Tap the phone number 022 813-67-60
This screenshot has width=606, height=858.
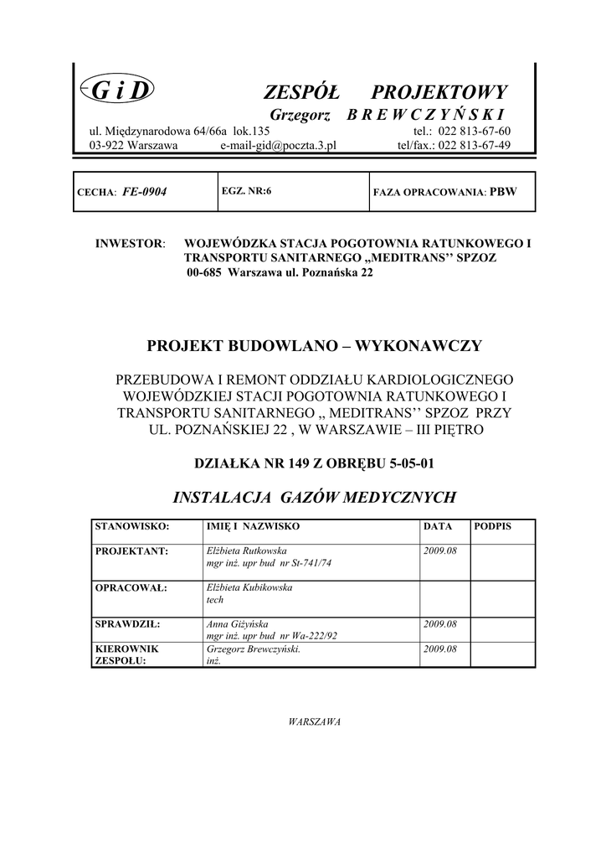point(474,132)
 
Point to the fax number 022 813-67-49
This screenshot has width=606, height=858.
point(474,145)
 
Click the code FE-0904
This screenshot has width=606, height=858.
point(145,192)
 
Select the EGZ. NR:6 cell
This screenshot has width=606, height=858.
point(247,191)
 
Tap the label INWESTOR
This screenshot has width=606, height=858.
point(131,244)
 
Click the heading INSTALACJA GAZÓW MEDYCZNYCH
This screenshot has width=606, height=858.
point(314,498)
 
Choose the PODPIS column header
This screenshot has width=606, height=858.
point(492,526)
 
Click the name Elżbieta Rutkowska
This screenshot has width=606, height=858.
point(246,550)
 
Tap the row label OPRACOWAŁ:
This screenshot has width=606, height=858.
point(131,587)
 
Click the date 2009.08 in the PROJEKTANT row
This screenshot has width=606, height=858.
point(440,550)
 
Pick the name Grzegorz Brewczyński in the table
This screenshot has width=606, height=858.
point(253,649)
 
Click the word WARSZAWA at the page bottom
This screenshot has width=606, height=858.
point(314,721)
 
